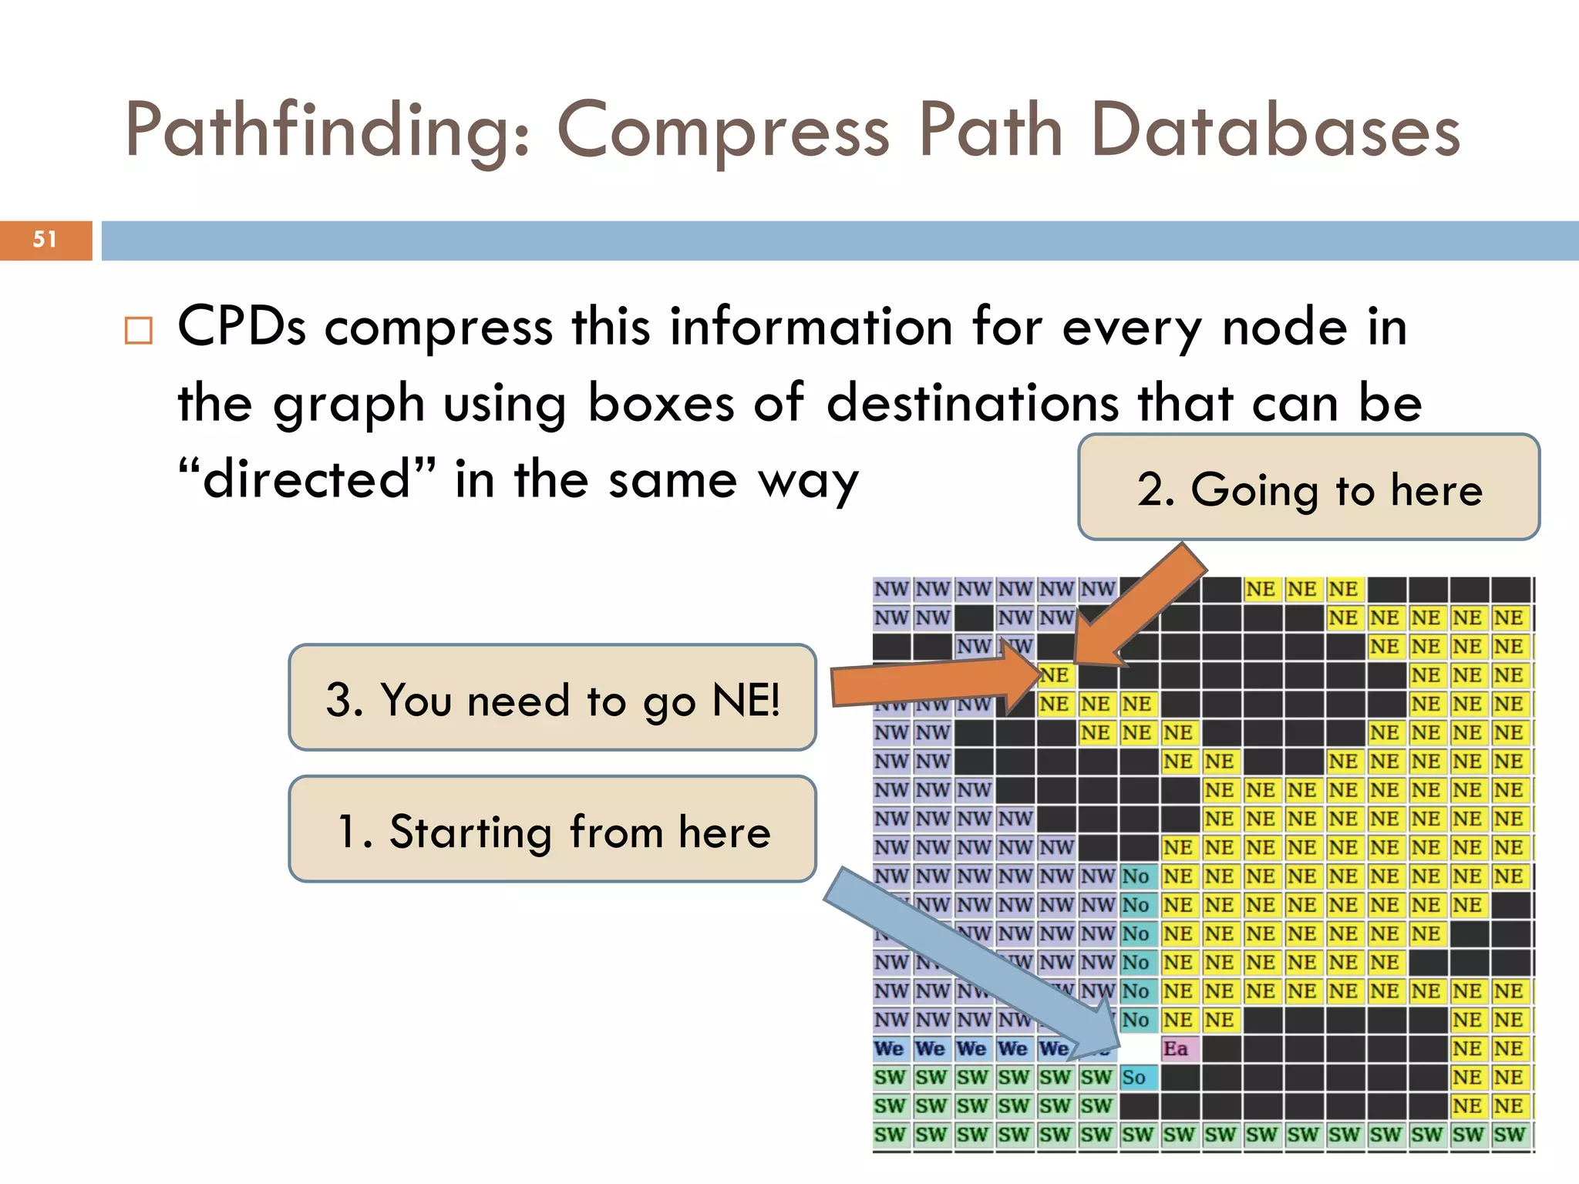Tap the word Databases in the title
1276,131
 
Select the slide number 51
45,240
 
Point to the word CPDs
241,327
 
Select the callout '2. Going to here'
1308,488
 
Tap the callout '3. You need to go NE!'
552,698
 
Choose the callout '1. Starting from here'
552,830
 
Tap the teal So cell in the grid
1137,1077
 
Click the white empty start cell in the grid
1139,1048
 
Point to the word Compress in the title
723,131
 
